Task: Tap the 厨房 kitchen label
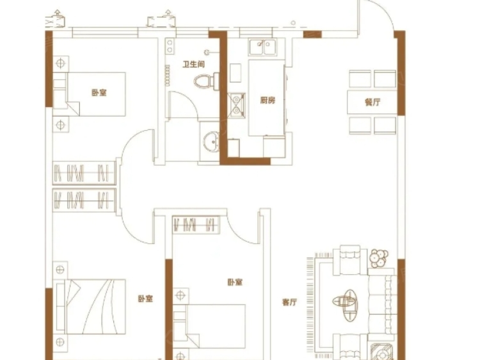coord(268,101)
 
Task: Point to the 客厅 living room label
coord(289,302)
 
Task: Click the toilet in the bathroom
coord(204,81)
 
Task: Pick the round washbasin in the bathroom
coord(209,142)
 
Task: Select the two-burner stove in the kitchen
coord(236,104)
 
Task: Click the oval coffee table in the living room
coord(349,300)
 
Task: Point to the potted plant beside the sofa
coord(378,258)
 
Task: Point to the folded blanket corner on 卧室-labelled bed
coord(70,103)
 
